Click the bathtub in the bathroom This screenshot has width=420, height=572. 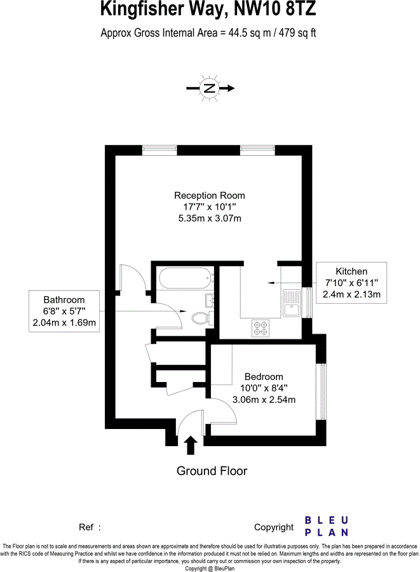(x=184, y=278)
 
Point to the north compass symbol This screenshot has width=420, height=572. (x=209, y=88)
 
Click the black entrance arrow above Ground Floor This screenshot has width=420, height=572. (x=190, y=444)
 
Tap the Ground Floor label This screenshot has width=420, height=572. (x=212, y=471)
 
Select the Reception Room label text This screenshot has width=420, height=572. (x=210, y=195)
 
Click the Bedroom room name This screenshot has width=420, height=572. (x=263, y=376)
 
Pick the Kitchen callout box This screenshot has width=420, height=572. (x=353, y=282)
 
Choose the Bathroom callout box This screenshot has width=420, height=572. (x=64, y=311)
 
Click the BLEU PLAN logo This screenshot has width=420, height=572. (x=327, y=526)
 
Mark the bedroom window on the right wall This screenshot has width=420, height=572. (x=322, y=392)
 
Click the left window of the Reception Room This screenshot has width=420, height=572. (x=159, y=150)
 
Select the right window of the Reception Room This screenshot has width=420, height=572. (x=257, y=150)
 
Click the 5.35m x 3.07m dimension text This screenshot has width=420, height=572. (x=210, y=218)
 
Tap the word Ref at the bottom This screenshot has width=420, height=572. (x=86, y=528)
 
